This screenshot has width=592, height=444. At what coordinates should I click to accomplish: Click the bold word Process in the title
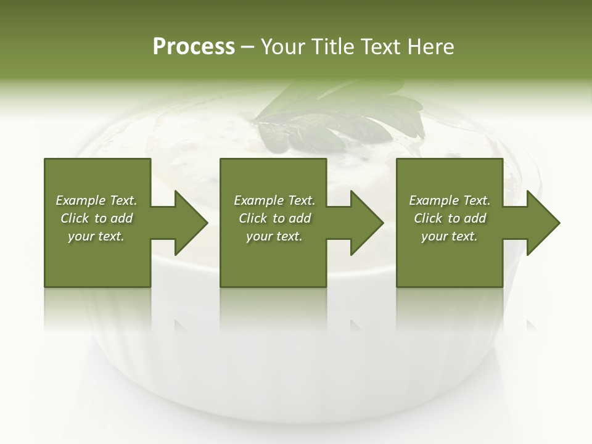click(194, 47)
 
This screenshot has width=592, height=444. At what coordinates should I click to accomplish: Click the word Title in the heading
click(331, 47)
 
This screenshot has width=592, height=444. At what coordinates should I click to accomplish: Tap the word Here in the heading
click(430, 47)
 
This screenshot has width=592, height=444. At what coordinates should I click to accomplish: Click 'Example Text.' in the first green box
click(96, 200)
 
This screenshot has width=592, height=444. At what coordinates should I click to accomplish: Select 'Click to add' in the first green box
click(96, 218)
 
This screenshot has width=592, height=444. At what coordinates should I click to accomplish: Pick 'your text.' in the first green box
click(96, 236)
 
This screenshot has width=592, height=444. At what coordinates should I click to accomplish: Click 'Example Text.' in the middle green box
click(274, 200)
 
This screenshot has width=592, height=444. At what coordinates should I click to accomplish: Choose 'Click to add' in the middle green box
click(274, 218)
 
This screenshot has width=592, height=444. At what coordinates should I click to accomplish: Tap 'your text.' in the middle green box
click(274, 236)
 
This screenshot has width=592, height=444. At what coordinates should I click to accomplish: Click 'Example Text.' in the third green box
click(450, 200)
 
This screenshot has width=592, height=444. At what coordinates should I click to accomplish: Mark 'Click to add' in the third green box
click(450, 218)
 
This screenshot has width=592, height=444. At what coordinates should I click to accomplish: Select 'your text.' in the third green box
click(450, 236)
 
